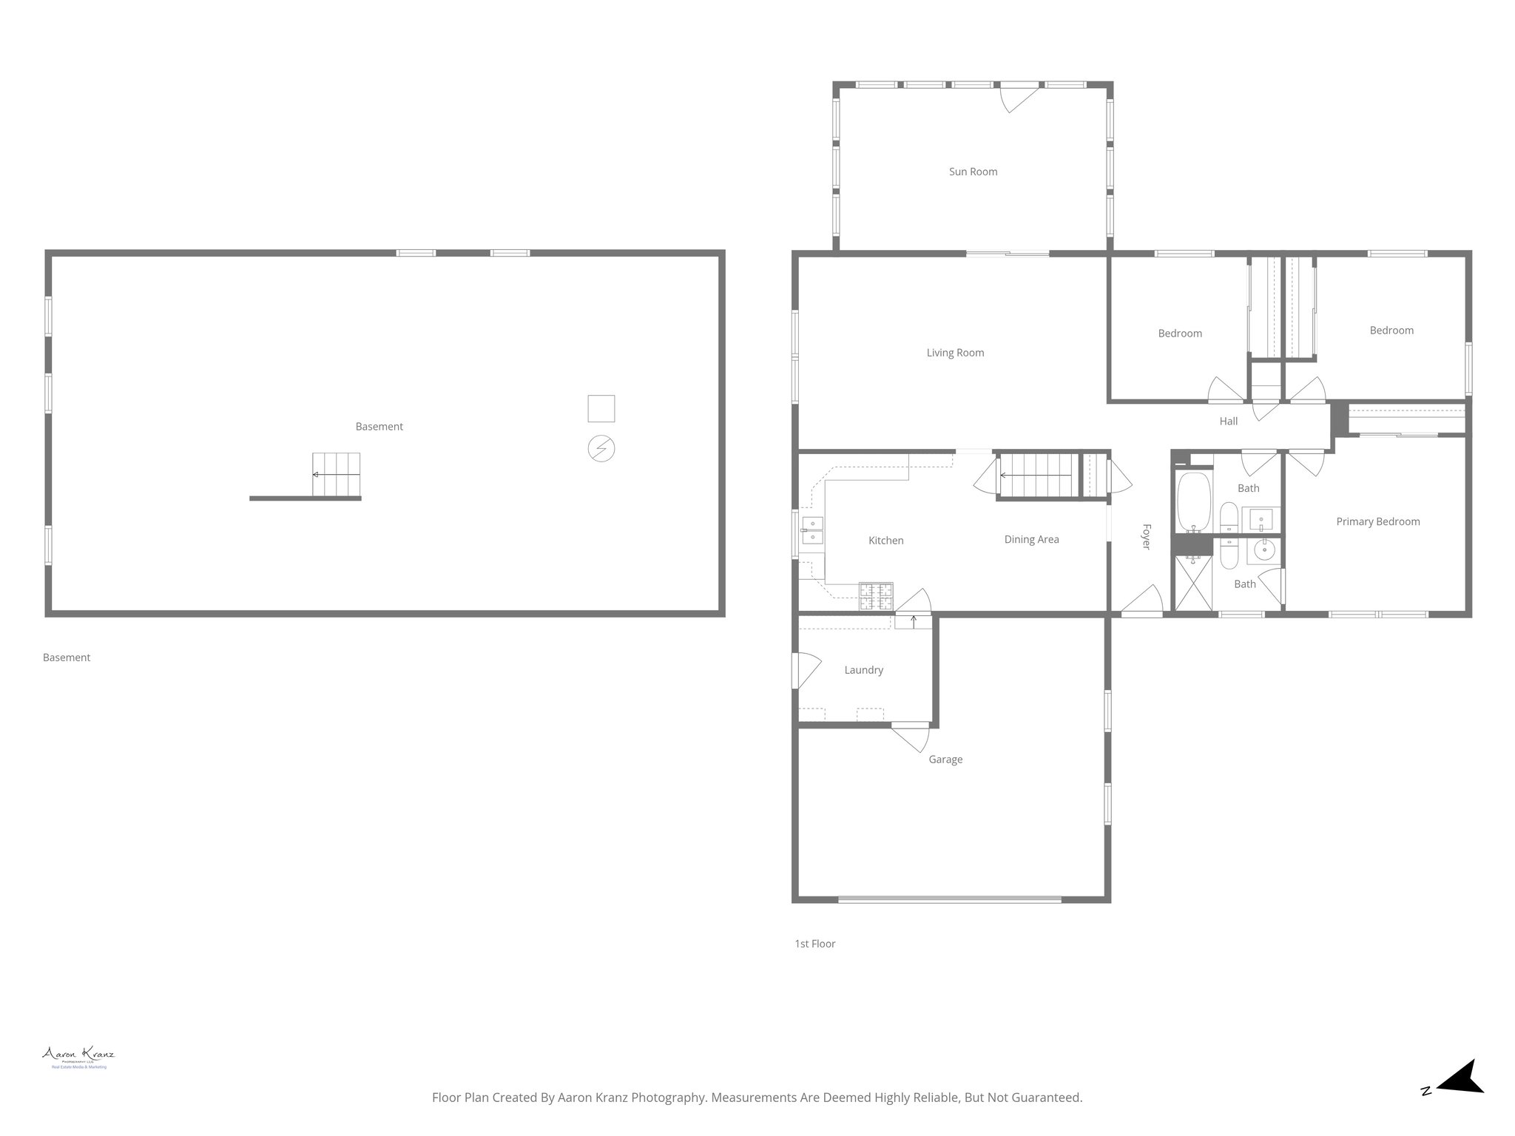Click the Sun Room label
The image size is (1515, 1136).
pos(973,172)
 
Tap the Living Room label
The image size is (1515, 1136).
pos(955,353)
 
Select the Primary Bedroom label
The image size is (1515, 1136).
pos(1377,521)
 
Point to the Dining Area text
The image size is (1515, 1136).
pos(1031,539)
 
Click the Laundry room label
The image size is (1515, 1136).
pos(863,670)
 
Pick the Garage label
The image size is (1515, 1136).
pos(945,760)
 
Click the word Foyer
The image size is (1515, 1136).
pos(1146,536)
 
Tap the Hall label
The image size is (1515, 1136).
pos(1228,422)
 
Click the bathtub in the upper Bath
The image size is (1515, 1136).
pos(1193,502)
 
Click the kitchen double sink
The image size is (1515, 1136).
pos(812,531)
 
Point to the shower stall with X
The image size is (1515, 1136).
pos(1193,584)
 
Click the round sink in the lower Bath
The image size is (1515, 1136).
pos(1264,550)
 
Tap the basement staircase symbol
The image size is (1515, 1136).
pos(337,474)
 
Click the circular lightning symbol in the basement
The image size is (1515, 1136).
pos(601,449)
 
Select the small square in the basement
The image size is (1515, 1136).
pos(601,409)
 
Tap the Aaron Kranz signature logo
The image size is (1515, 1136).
pos(78,1057)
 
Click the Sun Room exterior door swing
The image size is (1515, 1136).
pos(1018,98)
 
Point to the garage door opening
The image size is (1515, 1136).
pos(949,900)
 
